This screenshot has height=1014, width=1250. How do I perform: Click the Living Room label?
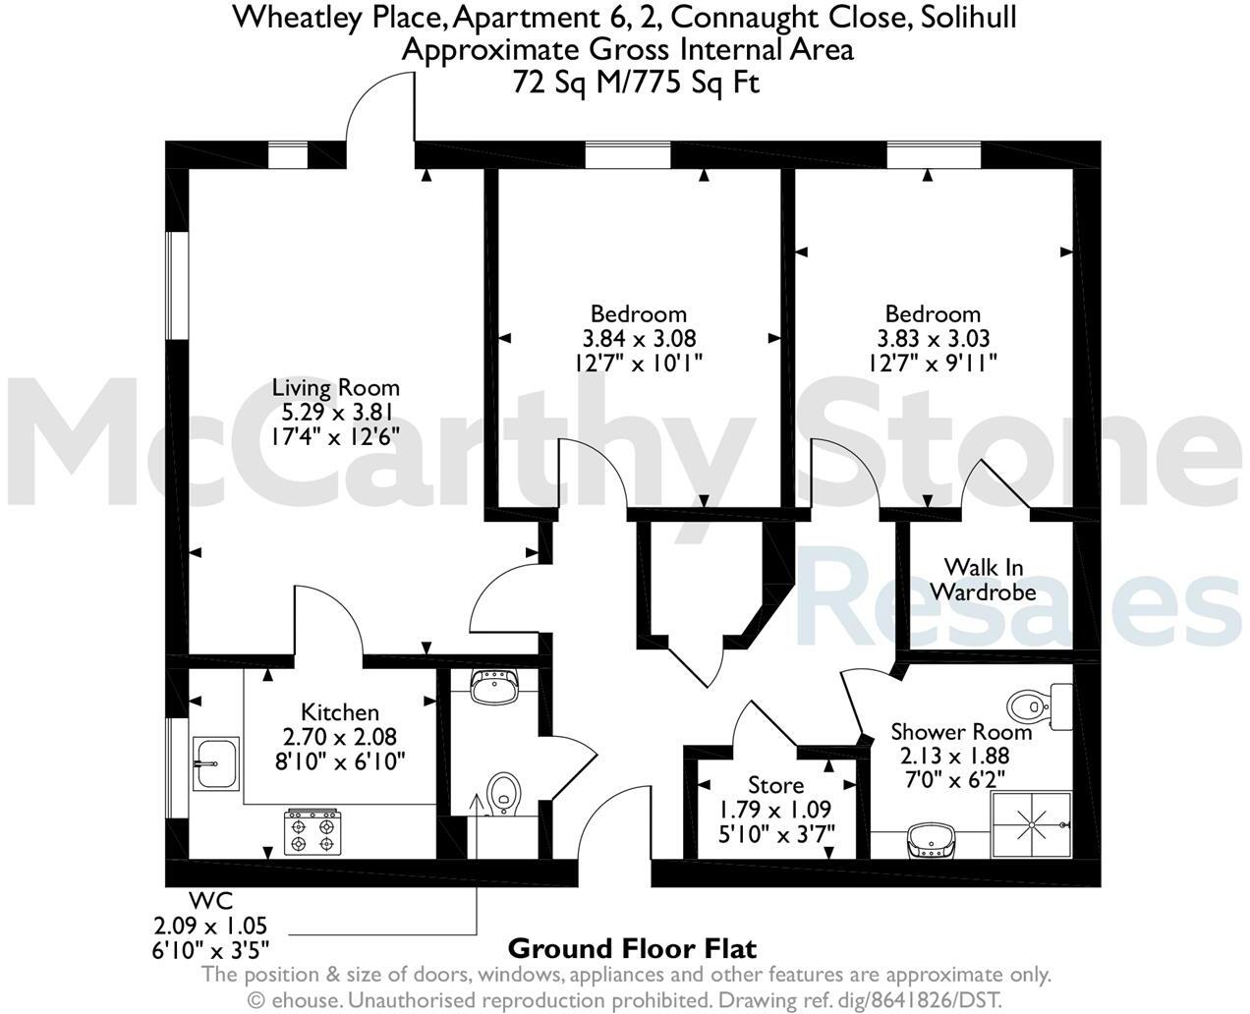pos(336,387)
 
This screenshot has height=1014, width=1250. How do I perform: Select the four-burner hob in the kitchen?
pos(312,831)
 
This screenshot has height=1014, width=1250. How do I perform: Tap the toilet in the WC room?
pos(504,792)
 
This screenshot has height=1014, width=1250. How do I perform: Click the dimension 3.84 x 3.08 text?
pos(639,339)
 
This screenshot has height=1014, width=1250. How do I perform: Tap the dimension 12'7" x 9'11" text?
pos(933,363)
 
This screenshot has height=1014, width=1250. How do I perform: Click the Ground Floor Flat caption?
pos(632,949)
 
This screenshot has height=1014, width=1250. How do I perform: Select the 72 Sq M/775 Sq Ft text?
pos(636,83)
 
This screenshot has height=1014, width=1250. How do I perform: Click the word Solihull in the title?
pos(962,17)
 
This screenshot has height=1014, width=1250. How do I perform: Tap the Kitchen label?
pos(340,712)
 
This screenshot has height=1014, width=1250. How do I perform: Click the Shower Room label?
pos(961,732)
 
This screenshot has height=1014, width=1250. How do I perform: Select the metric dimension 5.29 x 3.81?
pos(336,412)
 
